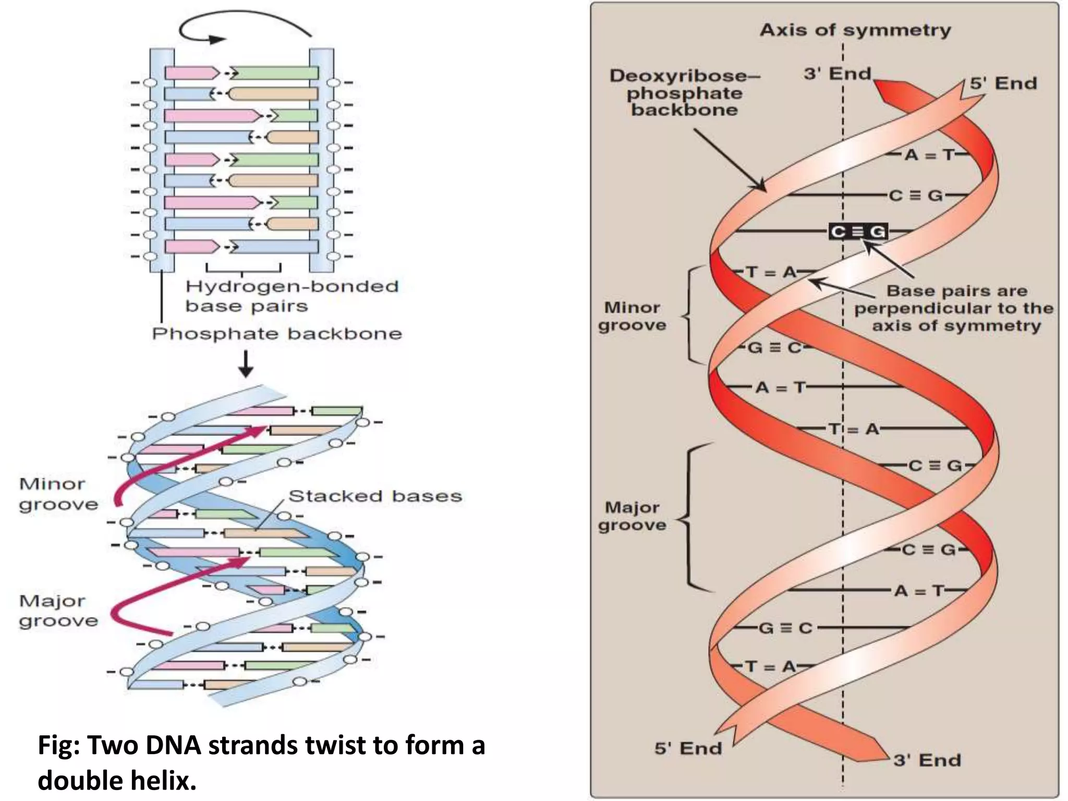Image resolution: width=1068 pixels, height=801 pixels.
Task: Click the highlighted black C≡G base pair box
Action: (x=858, y=231)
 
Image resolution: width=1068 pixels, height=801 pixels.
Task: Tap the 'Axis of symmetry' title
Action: (x=855, y=30)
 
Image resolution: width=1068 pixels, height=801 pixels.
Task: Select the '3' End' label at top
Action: (x=837, y=74)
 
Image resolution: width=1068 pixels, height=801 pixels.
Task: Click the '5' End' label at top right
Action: (x=1003, y=83)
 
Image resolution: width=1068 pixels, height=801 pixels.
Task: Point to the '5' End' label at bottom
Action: (x=688, y=748)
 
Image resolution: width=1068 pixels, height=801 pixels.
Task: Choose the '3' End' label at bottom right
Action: (x=927, y=760)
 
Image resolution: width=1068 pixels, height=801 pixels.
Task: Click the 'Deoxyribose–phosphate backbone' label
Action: (x=684, y=93)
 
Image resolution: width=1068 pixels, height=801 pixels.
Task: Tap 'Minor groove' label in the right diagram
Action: (x=632, y=316)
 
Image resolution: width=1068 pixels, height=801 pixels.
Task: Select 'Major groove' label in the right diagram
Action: (x=632, y=516)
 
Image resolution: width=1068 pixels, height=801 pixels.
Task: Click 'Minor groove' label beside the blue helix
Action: (x=58, y=494)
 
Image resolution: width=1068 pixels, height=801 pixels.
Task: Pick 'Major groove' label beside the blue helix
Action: (x=58, y=611)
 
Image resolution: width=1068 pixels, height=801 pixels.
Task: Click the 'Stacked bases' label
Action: (x=375, y=496)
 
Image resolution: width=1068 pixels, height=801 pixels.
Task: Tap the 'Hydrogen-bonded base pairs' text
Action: (x=292, y=296)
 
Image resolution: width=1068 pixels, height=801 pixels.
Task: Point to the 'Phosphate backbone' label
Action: (x=277, y=334)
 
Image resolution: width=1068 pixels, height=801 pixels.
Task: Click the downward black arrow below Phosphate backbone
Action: (x=246, y=363)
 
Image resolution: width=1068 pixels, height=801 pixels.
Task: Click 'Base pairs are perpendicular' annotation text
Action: (x=953, y=308)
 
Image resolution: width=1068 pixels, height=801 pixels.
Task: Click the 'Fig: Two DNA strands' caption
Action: (x=261, y=762)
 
